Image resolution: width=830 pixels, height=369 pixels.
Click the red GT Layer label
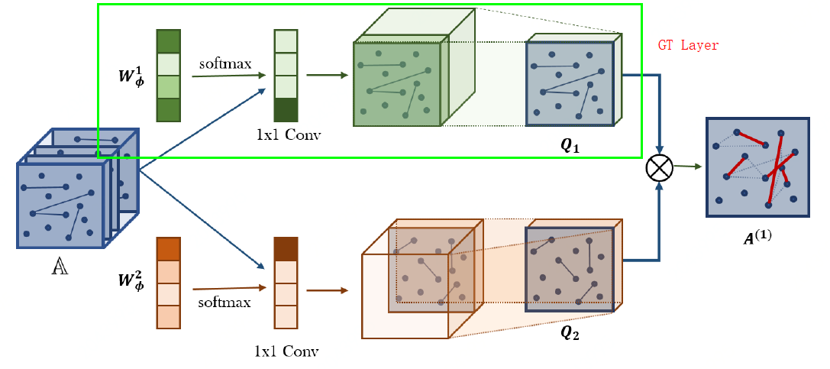click(x=688, y=46)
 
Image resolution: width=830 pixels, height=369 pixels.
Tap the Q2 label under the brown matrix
click(x=570, y=332)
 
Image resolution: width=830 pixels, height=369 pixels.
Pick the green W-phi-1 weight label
click(x=128, y=75)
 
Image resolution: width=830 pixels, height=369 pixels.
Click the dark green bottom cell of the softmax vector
click(x=286, y=110)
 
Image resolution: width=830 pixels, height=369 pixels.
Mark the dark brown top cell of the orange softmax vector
click(x=286, y=250)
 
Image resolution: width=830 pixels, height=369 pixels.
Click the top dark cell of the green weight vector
click(x=168, y=40)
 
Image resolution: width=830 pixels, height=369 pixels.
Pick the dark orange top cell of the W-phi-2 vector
click(x=168, y=250)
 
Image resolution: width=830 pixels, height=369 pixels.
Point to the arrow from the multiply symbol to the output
click(x=688, y=166)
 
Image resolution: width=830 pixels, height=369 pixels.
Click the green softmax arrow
click(x=228, y=76)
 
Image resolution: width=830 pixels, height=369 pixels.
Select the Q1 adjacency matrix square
click(x=570, y=84)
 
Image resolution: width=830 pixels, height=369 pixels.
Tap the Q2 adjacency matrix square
click(x=570, y=269)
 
